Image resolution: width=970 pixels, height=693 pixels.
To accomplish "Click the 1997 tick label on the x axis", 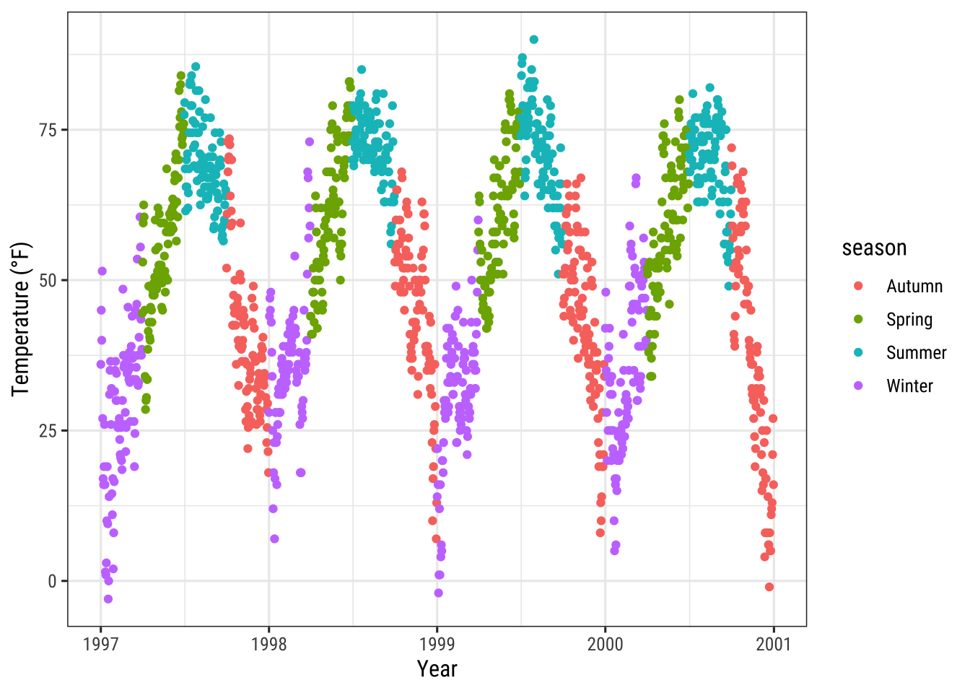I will tap(100, 644).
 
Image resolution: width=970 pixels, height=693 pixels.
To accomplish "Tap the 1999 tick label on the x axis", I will tap(437, 644).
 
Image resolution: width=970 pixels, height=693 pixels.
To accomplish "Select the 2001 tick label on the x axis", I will tap(773, 644).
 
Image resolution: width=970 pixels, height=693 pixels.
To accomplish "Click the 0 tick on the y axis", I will tap(52, 581).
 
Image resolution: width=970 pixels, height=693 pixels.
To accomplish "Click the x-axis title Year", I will tap(437, 669).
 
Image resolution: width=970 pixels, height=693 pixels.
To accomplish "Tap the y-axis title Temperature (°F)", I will tap(21, 319).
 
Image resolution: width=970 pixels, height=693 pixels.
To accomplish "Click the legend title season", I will tap(874, 248).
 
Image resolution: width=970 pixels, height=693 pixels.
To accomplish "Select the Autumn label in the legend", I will tap(914, 287).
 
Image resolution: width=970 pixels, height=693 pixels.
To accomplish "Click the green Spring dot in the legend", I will tap(859, 319).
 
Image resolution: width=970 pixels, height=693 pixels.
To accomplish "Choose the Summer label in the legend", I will tap(916, 353).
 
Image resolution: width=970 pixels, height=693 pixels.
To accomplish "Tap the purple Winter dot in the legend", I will tap(859, 386).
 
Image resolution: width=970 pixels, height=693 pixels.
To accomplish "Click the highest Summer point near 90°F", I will tap(533, 40).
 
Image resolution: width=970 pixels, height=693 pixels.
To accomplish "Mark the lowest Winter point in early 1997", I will tap(108, 599).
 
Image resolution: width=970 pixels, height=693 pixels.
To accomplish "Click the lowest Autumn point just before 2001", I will tap(769, 587).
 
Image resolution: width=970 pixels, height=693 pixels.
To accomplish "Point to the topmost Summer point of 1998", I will tap(362, 70).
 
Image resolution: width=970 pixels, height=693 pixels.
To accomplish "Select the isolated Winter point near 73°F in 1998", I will tap(310, 141).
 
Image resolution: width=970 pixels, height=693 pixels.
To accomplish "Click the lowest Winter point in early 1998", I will tap(274, 539).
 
